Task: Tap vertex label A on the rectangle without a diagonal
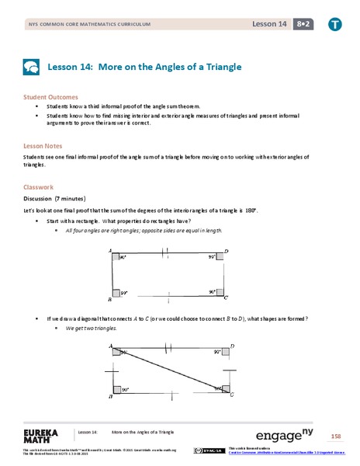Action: tap(111, 252)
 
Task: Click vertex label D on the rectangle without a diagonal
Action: tap(226, 252)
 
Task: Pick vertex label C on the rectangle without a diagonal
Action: tap(226, 298)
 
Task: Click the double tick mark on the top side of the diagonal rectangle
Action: tap(168, 347)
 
